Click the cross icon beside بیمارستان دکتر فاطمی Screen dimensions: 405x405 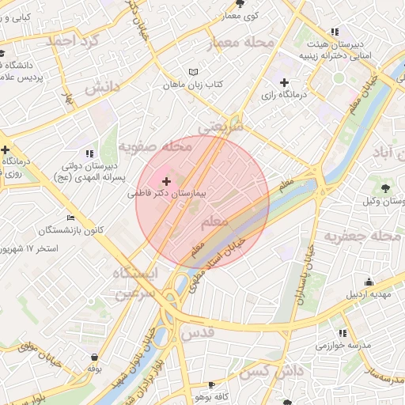pos(165,182)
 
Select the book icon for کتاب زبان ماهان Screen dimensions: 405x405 pos(194,72)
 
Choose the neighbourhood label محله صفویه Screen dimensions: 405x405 pos(155,146)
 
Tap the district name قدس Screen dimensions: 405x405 pos(197,332)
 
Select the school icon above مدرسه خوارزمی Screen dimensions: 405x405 pos(343,333)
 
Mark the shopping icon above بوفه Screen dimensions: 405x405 pos(95,357)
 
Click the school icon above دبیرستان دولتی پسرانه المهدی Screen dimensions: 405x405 pos(89,153)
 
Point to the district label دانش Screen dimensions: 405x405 pos(102,86)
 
